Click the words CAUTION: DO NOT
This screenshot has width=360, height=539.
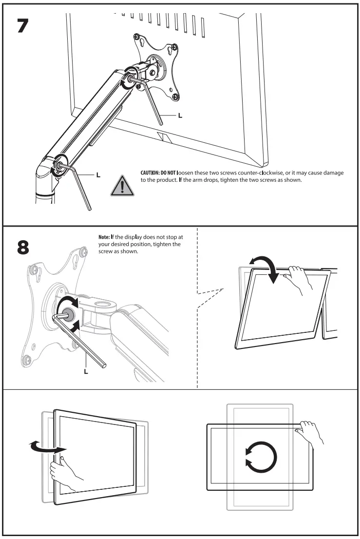click(x=151, y=173)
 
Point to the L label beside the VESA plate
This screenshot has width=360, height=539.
click(x=180, y=116)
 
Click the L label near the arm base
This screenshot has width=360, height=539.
click(x=99, y=174)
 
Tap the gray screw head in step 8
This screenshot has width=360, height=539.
click(x=68, y=314)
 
